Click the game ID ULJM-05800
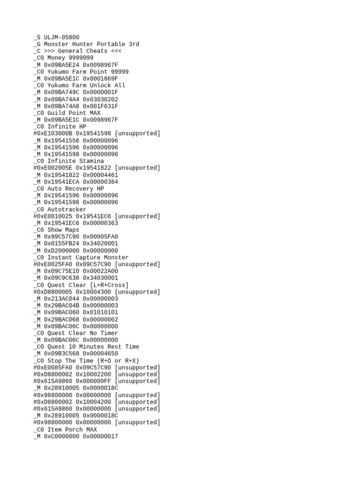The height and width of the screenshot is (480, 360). pyautogui.click(x=62, y=37)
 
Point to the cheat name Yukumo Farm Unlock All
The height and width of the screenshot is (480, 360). pyautogui.click(x=86, y=85)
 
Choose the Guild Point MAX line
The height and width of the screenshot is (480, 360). pyautogui.click(x=74, y=113)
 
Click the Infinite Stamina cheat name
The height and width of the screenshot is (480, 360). pyautogui.click(x=76, y=161)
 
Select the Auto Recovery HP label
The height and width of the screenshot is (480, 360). pyautogui.click(x=76, y=189)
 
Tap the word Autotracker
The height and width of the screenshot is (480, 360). pyautogui.click(x=67, y=210)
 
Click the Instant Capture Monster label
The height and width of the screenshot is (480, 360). pyautogui.click(x=88, y=258)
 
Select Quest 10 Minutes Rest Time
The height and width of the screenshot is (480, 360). pyautogui.click(x=93, y=347)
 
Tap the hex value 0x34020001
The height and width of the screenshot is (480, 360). pyautogui.click(x=100, y=244)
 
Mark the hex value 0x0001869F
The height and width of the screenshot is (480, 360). pyautogui.click(x=100, y=79)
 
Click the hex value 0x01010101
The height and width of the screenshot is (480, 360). pyautogui.click(x=100, y=313)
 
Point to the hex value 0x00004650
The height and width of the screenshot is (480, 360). pyautogui.click(x=100, y=354)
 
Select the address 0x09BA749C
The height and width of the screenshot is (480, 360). pyautogui.click(x=62, y=92)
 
